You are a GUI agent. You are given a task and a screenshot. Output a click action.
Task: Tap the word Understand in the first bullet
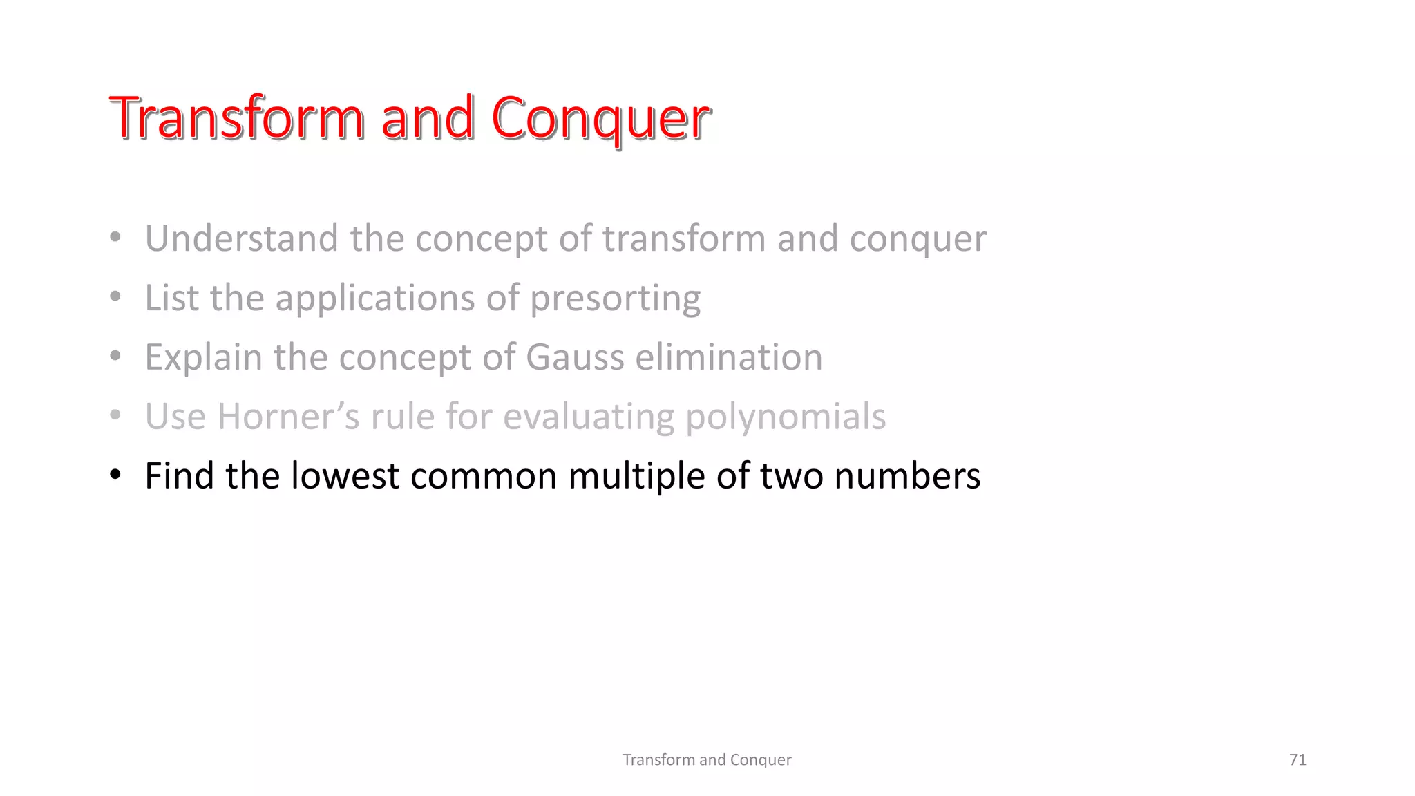click(x=242, y=238)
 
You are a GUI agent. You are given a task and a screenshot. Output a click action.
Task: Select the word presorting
click(x=615, y=299)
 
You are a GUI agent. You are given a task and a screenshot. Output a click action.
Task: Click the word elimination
click(x=729, y=358)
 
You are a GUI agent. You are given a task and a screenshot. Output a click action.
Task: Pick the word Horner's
click(x=288, y=417)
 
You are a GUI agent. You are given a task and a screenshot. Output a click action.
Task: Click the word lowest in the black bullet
click(x=345, y=476)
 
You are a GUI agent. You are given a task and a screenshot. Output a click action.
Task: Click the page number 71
click(x=1298, y=759)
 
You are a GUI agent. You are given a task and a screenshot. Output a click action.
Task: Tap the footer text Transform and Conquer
click(x=707, y=759)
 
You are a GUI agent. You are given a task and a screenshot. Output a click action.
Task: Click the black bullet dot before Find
click(x=115, y=475)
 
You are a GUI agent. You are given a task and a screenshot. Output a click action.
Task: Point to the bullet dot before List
click(x=115, y=297)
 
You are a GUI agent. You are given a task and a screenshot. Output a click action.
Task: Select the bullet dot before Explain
click(x=115, y=357)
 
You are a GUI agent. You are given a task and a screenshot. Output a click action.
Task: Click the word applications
click(x=375, y=299)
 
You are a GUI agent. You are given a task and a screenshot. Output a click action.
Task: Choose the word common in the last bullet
click(x=484, y=476)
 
